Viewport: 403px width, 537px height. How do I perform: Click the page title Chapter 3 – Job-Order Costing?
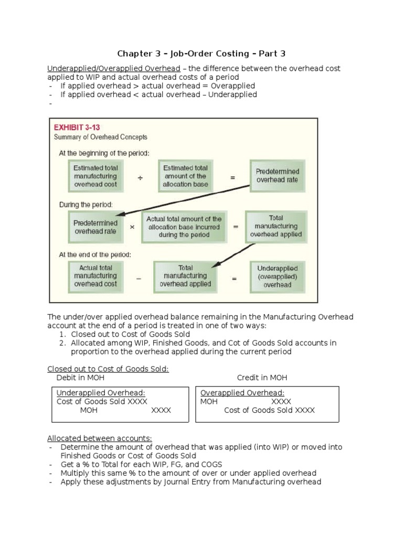201,53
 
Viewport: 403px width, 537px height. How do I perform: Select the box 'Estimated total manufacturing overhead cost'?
95,176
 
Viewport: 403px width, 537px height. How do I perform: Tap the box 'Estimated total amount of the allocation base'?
185,176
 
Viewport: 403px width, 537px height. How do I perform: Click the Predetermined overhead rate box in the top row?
277,176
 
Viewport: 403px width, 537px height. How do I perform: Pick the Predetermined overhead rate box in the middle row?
95,227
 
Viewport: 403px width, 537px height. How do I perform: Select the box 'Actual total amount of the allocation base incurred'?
184,227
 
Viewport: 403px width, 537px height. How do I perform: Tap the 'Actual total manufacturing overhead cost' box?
95,275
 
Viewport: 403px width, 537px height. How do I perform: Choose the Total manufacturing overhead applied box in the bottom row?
185,276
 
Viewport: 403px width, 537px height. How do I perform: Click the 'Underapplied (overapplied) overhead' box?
277,276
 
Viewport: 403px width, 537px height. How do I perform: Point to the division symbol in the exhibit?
140,178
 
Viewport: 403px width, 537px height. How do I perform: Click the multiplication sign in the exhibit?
132,228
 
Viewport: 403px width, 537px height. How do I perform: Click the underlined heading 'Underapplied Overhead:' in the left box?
101,393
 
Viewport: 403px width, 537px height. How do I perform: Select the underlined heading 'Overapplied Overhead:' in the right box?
242,393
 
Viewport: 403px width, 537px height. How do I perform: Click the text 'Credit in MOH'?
262,378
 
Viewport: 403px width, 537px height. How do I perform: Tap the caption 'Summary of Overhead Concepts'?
101,137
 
